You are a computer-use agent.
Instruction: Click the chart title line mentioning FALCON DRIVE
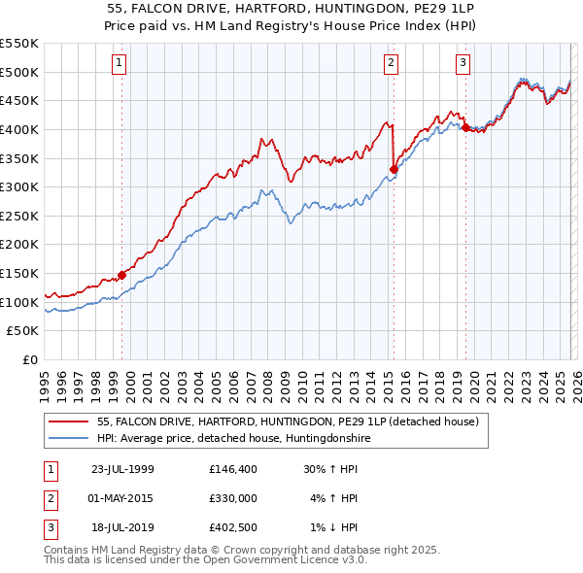(291, 8)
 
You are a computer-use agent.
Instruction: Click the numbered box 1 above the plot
(119, 63)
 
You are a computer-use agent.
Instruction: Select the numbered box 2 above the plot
(391, 63)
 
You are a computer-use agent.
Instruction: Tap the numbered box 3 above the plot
(463, 63)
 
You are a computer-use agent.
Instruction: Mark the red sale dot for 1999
(122, 275)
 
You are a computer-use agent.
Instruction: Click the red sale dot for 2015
(394, 169)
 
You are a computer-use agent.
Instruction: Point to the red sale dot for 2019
(465, 127)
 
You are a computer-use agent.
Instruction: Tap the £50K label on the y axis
(23, 331)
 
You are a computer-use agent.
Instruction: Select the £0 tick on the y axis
(31, 360)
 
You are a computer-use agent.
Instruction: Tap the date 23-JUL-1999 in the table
(122, 469)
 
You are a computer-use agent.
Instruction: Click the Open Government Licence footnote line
(205, 561)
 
